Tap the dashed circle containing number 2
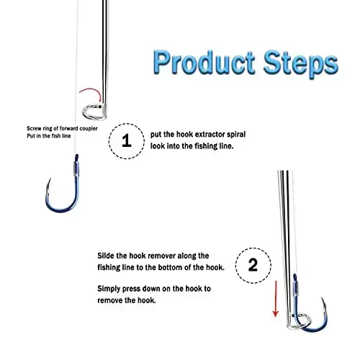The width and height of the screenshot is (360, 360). click(x=252, y=264)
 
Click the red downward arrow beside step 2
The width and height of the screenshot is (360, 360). click(x=275, y=300)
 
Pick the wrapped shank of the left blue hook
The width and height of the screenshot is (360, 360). click(x=74, y=172)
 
